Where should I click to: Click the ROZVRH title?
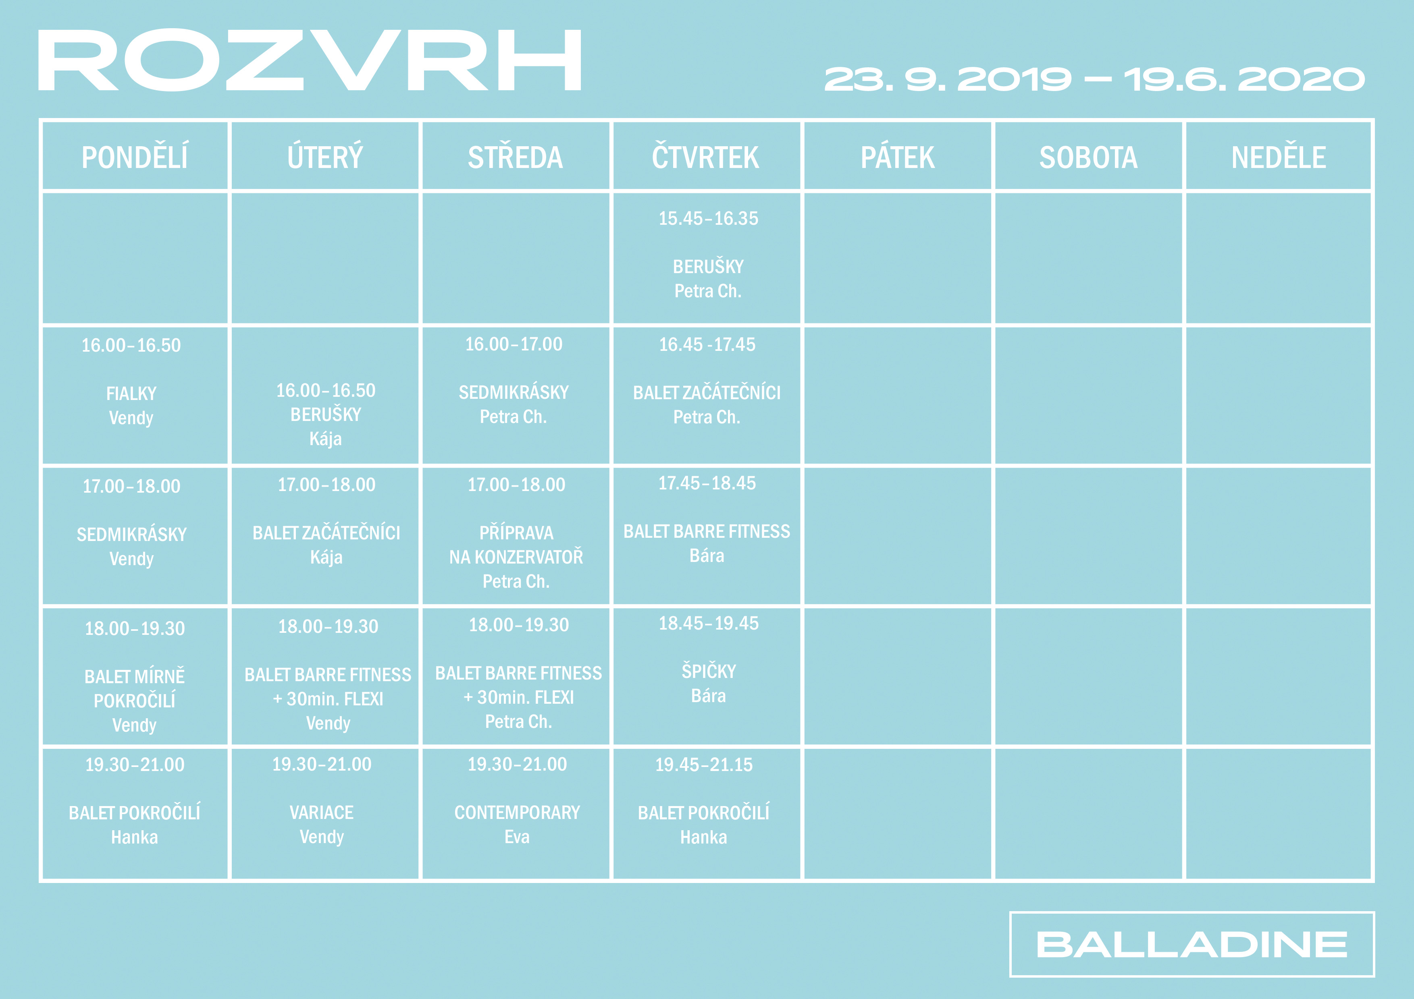point(310,60)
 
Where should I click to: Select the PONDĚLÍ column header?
point(135,157)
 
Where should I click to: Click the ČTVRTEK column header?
point(706,156)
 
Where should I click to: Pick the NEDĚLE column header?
point(1279,157)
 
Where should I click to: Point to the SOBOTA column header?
point(1088,157)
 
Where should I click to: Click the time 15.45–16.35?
point(708,218)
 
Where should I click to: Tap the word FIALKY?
point(131,393)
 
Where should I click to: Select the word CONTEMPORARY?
point(517,812)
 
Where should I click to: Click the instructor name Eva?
point(517,837)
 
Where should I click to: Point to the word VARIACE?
point(322,812)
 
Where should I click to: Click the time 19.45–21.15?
point(704,765)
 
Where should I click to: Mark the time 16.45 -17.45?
point(707,345)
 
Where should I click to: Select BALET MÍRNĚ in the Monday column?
point(134,676)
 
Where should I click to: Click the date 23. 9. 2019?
point(948,79)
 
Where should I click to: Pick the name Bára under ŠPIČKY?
point(708,696)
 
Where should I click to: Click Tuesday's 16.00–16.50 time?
point(326,390)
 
